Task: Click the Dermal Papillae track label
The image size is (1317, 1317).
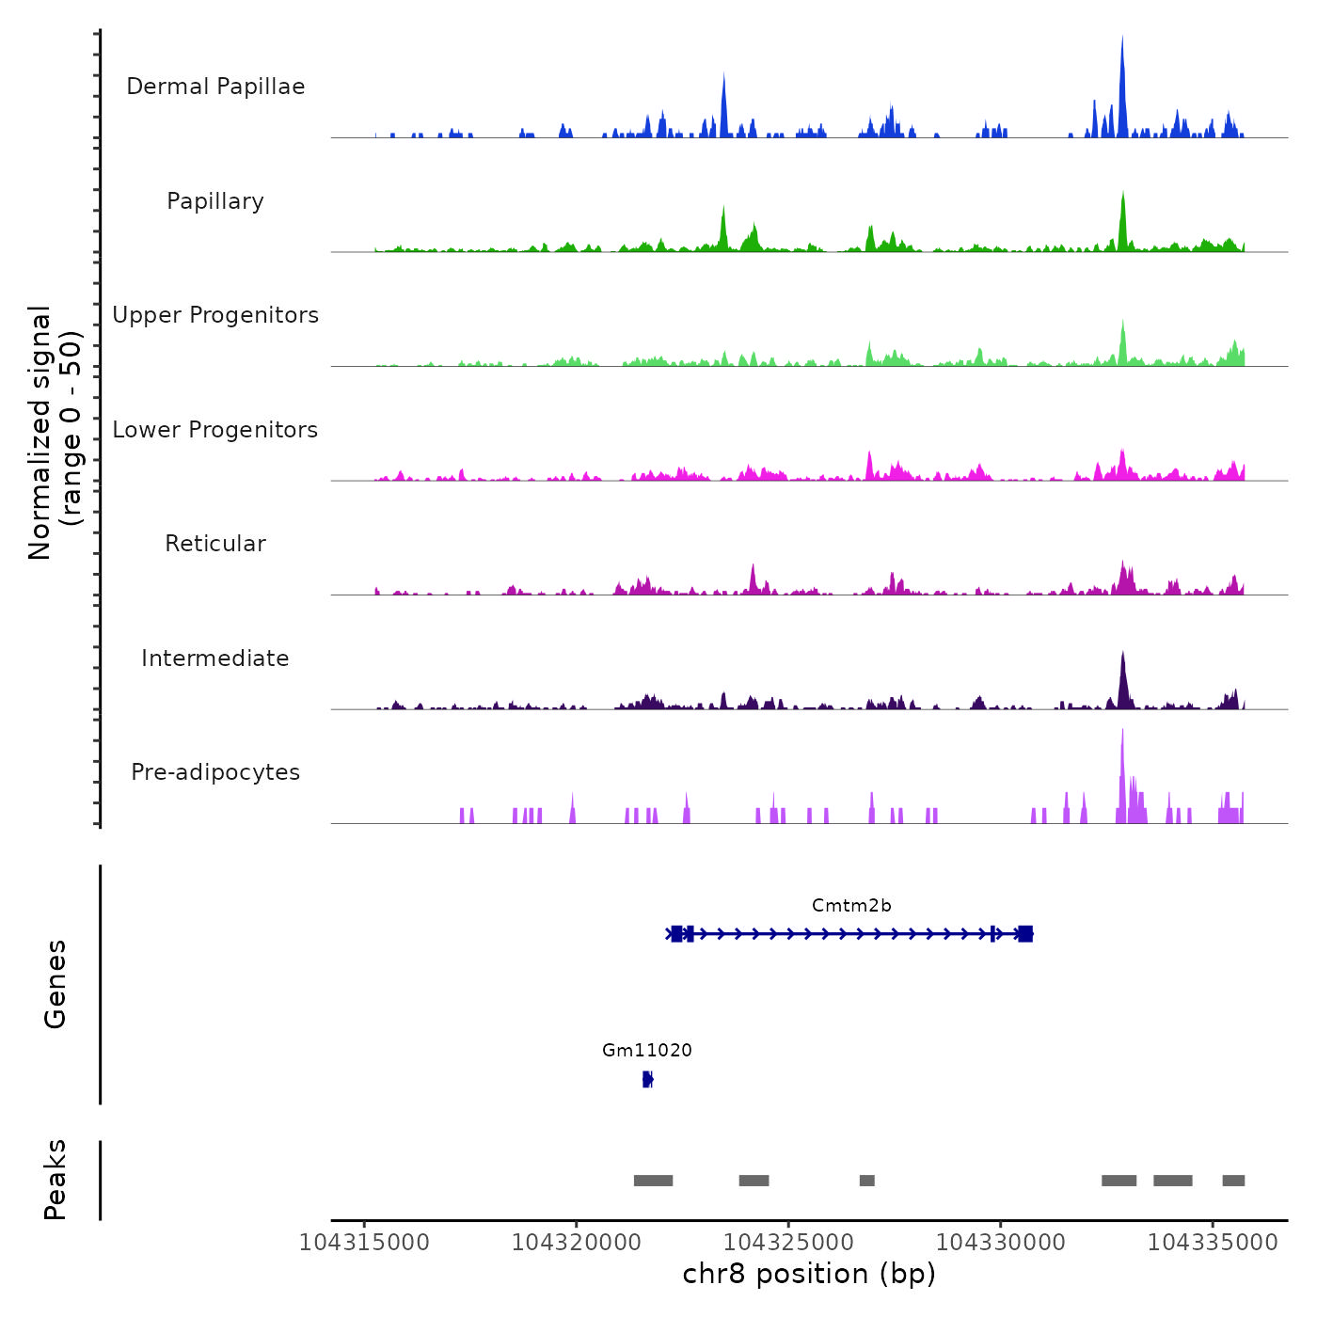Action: [x=215, y=87]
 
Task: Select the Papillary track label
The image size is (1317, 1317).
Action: [x=215, y=201]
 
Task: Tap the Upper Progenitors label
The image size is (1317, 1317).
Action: [x=215, y=315]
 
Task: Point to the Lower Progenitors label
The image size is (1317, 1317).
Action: [x=215, y=430]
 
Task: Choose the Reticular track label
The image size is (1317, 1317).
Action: [x=215, y=544]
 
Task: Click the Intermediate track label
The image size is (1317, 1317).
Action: [x=215, y=658]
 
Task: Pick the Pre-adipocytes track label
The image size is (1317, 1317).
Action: [x=215, y=772]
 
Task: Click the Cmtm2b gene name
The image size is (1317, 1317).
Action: [x=851, y=906]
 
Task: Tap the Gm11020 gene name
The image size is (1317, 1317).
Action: [x=647, y=1051]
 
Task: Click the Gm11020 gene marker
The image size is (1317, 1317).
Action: [x=647, y=1079]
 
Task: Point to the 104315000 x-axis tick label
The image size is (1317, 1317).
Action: [x=364, y=1243]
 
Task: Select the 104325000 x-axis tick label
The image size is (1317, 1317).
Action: [x=788, y=1243]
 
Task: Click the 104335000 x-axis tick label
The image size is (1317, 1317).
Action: [x=1213, y=1243]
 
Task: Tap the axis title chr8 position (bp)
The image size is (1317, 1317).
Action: [x=809, y=1274]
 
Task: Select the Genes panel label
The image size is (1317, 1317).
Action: [x=56, y=984]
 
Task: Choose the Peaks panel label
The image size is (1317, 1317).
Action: [x=56, y=1180]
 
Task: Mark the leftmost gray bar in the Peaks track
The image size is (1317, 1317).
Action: [x=653, y=1181]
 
